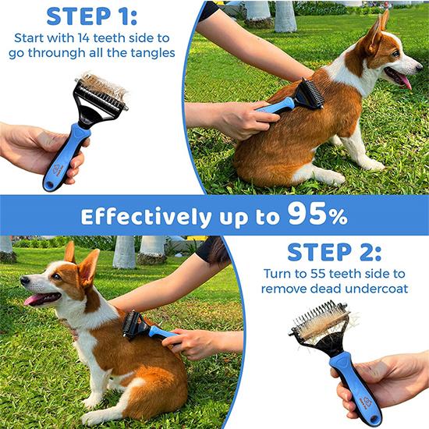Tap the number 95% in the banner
[317, 214]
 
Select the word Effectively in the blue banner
[144, 215]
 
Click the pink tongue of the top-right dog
[403, 80]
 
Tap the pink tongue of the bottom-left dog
[33, 300]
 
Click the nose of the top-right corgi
[420, 59]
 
